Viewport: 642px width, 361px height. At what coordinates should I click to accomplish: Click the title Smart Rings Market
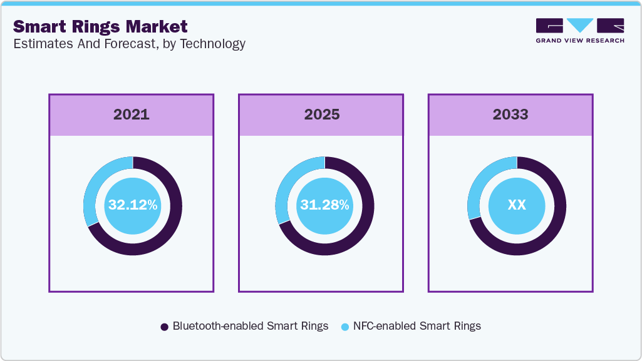[x=100, y=26]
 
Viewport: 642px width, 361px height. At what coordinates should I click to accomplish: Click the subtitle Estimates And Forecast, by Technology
[x=129, y=44]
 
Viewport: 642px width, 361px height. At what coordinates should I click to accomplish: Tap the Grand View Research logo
[x=580, y=25]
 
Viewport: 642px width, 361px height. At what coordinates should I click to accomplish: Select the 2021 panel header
[x=132, y=115]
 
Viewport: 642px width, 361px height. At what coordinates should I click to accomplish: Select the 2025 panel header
[x=321, y=115]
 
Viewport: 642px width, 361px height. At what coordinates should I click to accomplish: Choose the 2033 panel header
[x=510, y=115]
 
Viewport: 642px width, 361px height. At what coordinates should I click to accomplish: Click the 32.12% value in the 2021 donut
[x=132, y=205]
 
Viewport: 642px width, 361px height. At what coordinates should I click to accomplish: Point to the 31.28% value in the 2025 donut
[x=324, y=205]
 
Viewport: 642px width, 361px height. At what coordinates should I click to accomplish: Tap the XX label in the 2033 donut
[x=517, y=205]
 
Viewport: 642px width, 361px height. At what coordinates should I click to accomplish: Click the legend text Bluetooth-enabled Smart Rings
[x=251, y=326]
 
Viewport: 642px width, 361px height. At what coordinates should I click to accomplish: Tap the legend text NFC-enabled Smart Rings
[x=417, y=326]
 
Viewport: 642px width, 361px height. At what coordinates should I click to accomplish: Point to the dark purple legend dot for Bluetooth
[x=165, y=327]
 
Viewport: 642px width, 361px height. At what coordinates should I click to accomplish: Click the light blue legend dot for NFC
[x=344, y=327]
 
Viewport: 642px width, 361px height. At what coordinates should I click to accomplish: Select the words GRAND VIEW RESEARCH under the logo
[x=580, y=41]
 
